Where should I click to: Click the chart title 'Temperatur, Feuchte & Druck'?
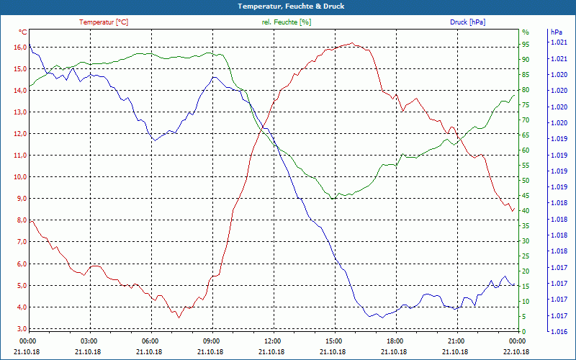(x=287, y=6)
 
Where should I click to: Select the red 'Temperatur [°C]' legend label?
(x=104, y=22)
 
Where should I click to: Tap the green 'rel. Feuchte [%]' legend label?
(x=287, y=22)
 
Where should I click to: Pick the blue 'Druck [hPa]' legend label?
(x=467, y=22)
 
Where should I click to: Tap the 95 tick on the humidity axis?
(x=526, y=44)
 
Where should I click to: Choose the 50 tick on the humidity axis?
(x=526, y=180)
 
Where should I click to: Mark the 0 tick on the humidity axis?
(x=524, y=332)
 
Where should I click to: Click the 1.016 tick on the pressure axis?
(x=558, y=332)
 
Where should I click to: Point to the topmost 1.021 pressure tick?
(x=558, y=43)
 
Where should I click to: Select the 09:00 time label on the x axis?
(x=212, y=341)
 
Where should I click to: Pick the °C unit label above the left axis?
(x=23, y=32)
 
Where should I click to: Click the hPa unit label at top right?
(x=557, y=32)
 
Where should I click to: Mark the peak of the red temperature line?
(x=351, y=43)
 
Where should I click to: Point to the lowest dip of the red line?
(x=178, y=316)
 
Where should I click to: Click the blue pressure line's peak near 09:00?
(x=214, y=77)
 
